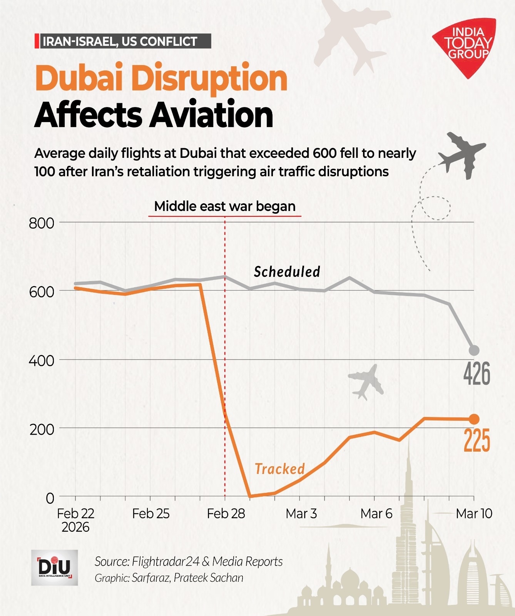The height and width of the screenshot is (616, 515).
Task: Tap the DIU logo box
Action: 54,567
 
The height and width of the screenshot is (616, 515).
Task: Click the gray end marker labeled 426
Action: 474,350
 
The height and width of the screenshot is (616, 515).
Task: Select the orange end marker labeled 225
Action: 474,419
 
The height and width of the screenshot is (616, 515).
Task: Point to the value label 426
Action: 477,373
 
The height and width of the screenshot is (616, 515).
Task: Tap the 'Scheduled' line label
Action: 287,272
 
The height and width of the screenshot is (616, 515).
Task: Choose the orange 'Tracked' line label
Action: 280,469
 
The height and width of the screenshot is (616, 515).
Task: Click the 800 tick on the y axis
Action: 42,223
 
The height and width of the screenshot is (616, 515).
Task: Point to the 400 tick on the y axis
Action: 42,361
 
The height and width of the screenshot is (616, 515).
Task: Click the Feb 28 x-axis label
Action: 226,514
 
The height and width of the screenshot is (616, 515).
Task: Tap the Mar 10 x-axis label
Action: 474,514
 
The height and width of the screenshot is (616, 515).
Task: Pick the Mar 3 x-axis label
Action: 301,514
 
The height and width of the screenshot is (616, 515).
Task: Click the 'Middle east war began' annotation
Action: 225,206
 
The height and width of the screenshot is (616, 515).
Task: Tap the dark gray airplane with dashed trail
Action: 461,154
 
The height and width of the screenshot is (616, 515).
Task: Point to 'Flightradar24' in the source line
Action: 166,561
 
